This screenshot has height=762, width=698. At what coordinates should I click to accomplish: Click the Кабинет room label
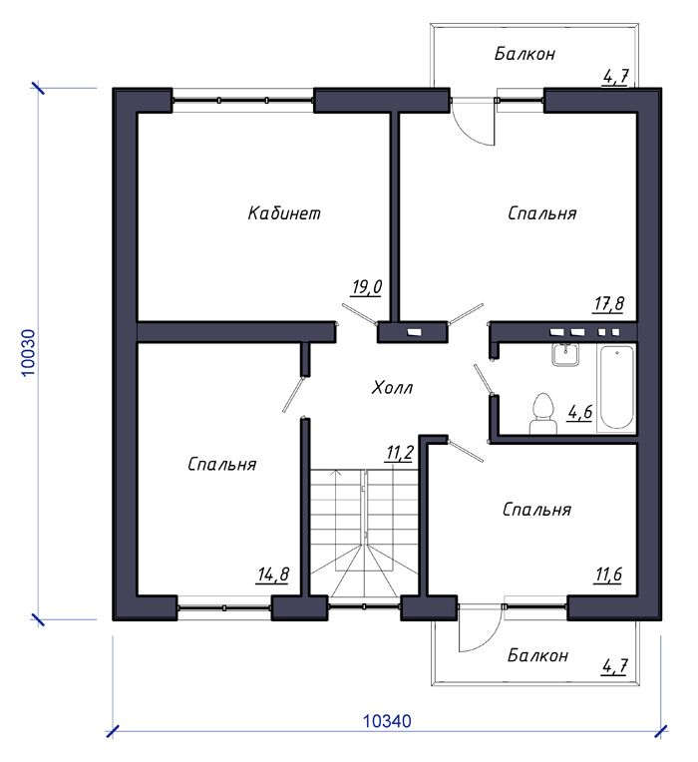pos(284,212)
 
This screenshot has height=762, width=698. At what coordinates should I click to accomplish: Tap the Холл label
pos(392,388)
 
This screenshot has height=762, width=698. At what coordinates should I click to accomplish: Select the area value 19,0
pos(367,286)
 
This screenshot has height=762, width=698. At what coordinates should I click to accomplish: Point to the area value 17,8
pos(608,304)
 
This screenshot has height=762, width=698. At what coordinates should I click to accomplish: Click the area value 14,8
pos(273,574)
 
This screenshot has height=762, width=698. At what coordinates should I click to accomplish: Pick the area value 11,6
pos(608,574)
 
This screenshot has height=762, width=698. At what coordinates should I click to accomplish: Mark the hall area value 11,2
pos(399,453)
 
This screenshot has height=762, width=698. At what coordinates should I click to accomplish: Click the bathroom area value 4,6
pos(580,412)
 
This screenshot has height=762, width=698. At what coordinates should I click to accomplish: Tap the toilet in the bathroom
pos(543,414)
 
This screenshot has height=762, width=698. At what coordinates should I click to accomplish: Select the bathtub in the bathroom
pos(616,387)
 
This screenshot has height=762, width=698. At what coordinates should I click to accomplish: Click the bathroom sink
pos(565,354)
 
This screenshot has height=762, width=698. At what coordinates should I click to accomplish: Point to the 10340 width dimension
pos(387,721)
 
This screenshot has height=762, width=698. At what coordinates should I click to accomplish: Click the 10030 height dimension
pos(29,353)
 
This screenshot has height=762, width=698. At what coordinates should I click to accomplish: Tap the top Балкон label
pos(524,54)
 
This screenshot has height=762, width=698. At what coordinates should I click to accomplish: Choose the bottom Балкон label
pos(537,655)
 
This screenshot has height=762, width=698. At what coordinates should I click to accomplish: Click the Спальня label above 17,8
pos(542,213)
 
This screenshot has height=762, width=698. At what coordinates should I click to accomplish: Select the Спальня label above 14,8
pos(222,464)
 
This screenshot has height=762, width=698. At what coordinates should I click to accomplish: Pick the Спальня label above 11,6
pos(536,510)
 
